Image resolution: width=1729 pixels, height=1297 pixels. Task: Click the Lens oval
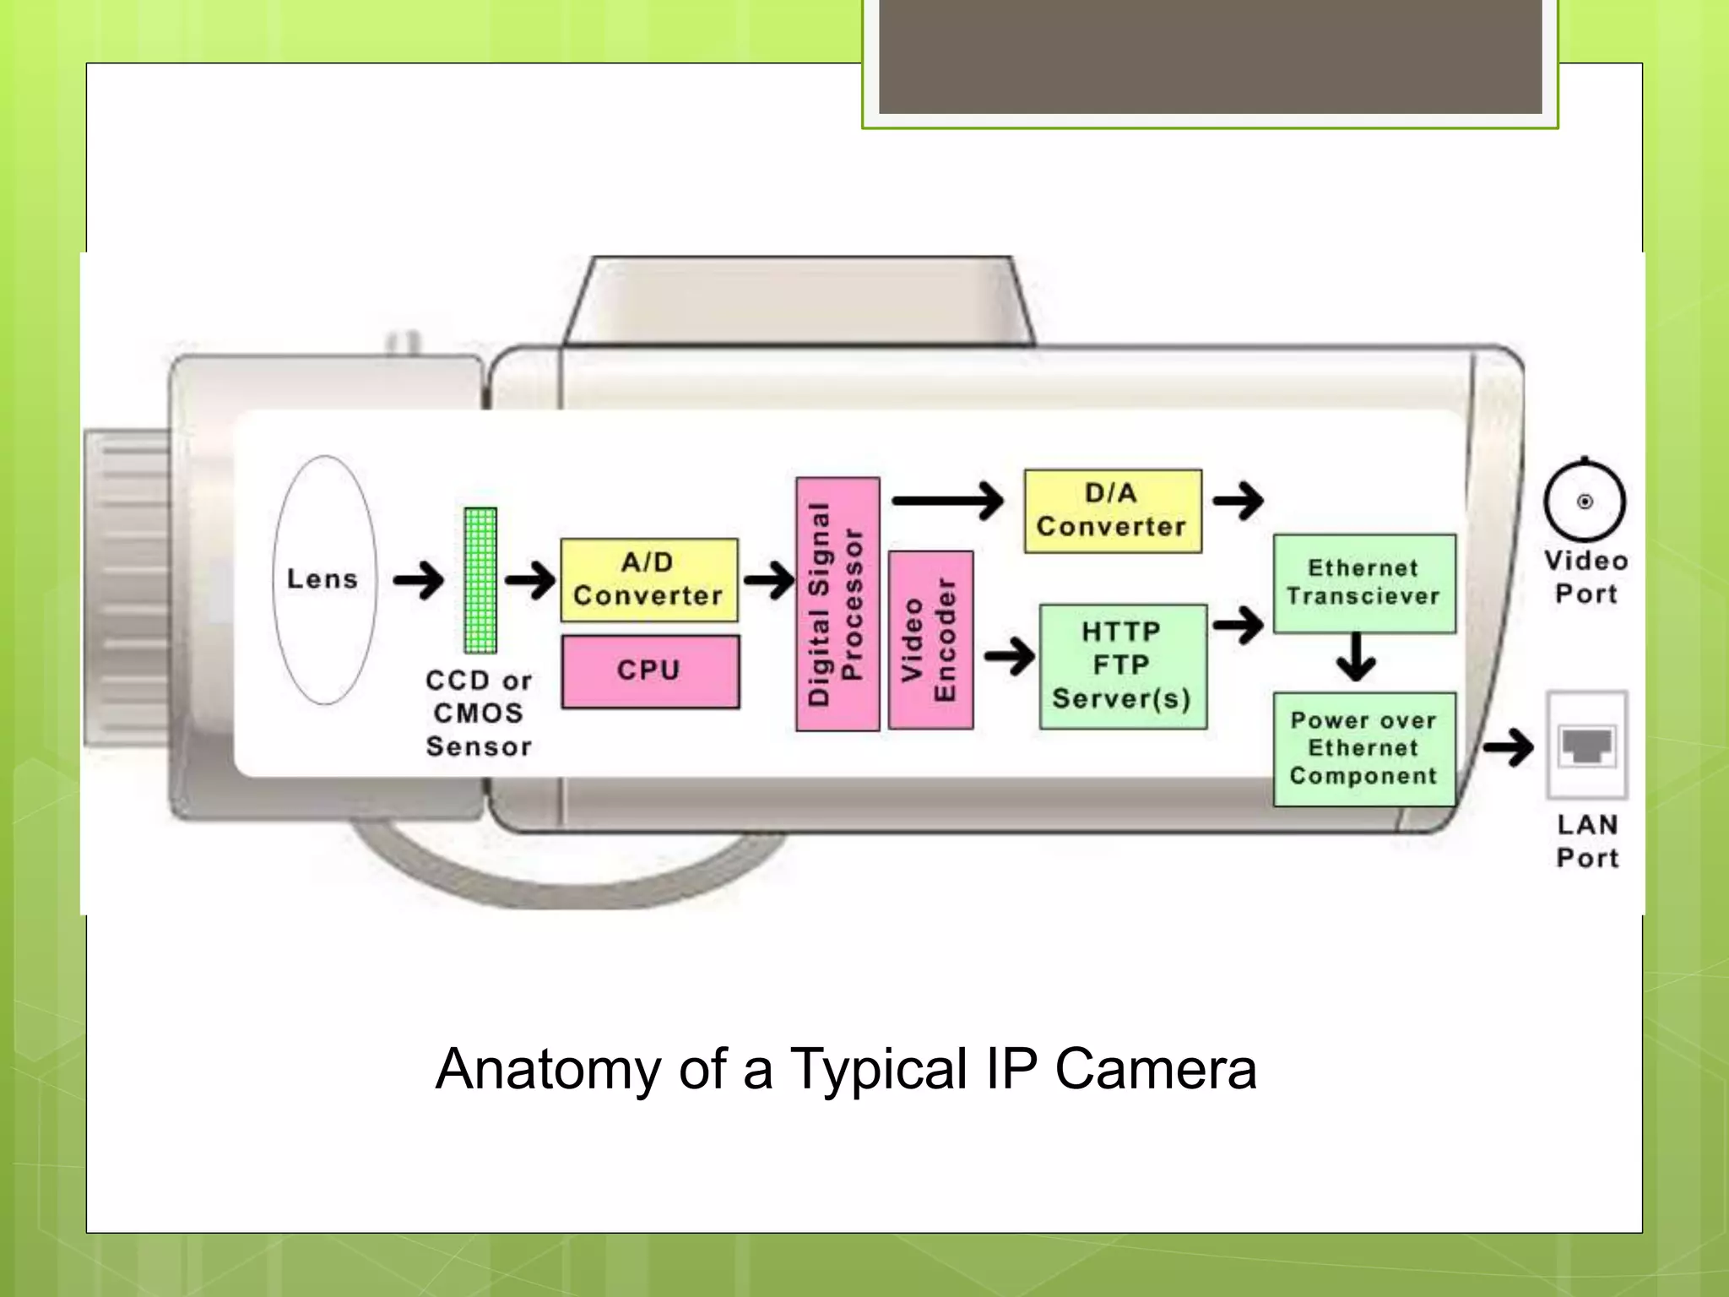coord(324,580)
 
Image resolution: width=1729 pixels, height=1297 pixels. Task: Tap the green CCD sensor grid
coord(480,580)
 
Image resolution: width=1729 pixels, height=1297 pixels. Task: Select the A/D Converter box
coord(648,580)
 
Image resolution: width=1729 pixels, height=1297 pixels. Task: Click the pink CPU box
coord(650,671)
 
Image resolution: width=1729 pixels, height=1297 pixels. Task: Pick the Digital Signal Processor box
coord(837,604)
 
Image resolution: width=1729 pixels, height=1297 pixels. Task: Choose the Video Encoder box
coord(930,640)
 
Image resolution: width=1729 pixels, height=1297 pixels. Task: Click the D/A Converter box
coord(1112,511)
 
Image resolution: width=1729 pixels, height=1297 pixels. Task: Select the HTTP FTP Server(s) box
coord(1122,666)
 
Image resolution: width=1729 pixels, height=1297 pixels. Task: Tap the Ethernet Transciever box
coord(1363,583)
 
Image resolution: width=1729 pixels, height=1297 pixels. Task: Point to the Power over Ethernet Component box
coord(1363,749)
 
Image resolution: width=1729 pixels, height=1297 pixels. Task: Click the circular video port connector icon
coord(1585,502)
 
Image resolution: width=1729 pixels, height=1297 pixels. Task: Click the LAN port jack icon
coord(1586,746)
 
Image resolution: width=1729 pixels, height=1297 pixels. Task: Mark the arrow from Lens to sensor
coord(419,580)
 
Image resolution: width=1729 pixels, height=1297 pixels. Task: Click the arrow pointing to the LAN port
coord(1509,747)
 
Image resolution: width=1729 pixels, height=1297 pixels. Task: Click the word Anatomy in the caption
coord(547,1070)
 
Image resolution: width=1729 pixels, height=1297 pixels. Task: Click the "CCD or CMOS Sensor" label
coord(479,714)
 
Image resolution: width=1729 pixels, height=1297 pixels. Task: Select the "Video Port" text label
coord(1585,578)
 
